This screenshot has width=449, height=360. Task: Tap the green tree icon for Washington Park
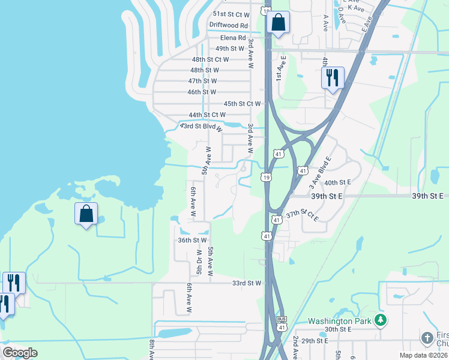pyautogui.click(x=379, y=320)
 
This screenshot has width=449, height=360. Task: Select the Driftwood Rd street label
pyautogui.click(x=228, y=25)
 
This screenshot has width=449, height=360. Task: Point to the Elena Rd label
pyautogui.click(x=234, y=37)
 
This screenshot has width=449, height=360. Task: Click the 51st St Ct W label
pyautogui.click(x=231, y=14)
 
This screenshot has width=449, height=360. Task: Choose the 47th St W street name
pyautogui.click(x=202, y=81)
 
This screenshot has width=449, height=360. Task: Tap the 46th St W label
pyautogui.click(x=201, y=92)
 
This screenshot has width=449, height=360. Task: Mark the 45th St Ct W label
pyautogui.click(x=242, y=104)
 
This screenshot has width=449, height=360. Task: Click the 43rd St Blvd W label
pyautogui.click(x=202, y=127)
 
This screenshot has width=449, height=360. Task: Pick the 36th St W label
pyautogui.click(x=192, y=240)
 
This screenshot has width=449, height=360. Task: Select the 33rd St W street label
pyautogui.click(x=247, y=283)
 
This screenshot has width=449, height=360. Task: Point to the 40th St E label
pyautogui.click(x=337, y=182)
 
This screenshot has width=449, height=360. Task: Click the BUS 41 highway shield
pyautogui.click(x=281, y=323)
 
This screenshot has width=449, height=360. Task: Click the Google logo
pyautogui.click(x=20, y=353)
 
